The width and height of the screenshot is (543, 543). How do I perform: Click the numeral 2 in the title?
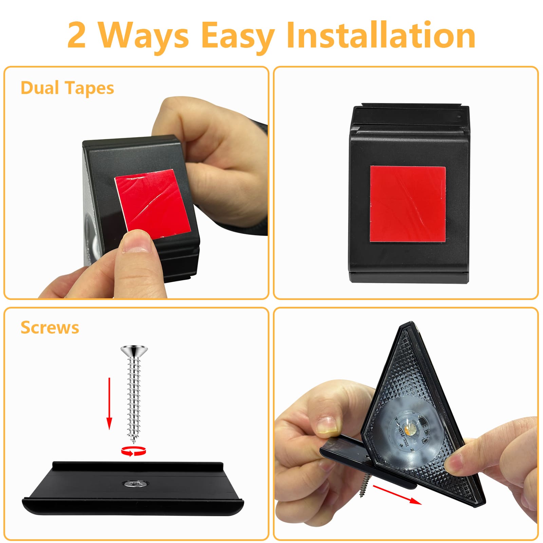point(76,35)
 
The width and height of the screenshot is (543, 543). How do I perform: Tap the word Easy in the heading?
point(238,37)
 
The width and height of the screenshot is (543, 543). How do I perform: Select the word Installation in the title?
point(380,35)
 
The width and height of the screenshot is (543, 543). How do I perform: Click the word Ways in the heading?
point(143,37)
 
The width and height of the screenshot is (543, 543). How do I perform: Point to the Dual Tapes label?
point(67,88)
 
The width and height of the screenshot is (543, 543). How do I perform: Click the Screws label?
point(50,328)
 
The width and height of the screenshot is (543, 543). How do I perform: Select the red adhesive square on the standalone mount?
point(408,204)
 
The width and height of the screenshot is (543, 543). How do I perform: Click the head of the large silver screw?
point(134,351)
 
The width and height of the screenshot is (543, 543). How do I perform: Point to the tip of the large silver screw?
point(134,443)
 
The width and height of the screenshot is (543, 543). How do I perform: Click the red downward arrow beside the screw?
point(109,404)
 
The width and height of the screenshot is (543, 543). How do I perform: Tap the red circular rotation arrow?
point(133,451)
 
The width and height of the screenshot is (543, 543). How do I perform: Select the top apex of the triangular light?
point(411,322)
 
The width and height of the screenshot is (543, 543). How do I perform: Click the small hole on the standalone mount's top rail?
point(459,117)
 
